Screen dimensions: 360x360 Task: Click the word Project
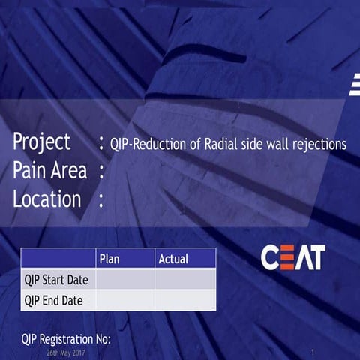tap(42, 142)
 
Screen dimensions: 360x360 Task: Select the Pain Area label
tap(49, 171)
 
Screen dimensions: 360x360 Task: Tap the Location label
tap(46, 199)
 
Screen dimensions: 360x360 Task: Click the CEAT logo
tap(293, 257)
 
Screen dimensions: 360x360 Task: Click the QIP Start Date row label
tap(56, 280)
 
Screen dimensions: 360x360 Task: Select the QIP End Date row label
tap(53, 301)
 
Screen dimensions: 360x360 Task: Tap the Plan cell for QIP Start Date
tap(125, 280)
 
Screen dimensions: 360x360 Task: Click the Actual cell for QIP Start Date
tap(185, 280)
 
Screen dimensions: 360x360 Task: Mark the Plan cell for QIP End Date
tap(125, 301)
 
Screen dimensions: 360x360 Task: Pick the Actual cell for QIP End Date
tap(185, 301)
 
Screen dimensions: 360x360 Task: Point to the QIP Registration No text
tap(66, 339)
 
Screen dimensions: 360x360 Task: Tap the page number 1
tap(311, 351)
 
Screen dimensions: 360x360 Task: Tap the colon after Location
tap(101, 200)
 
